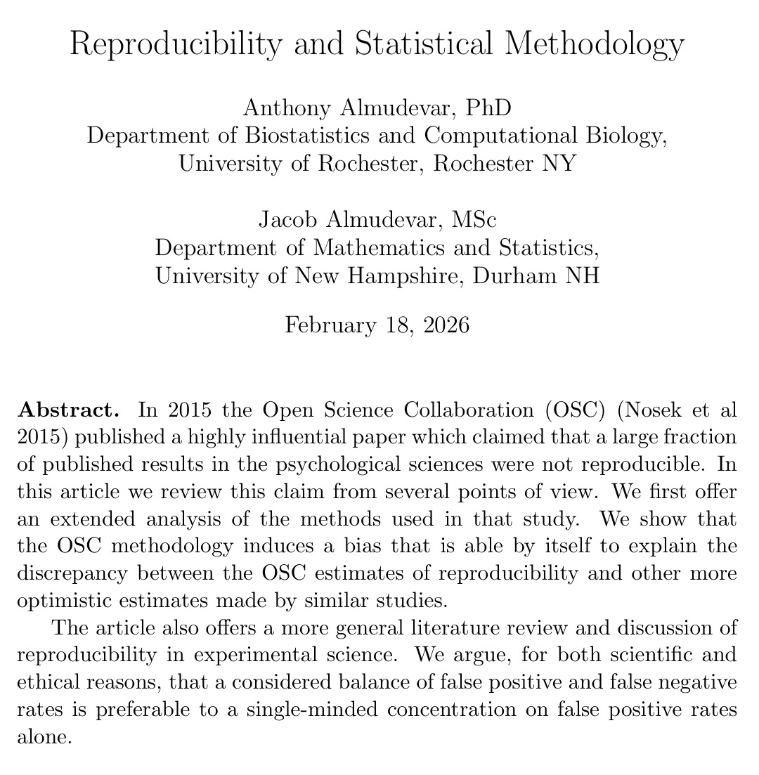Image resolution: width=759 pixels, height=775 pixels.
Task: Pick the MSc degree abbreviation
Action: click(472, 219)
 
